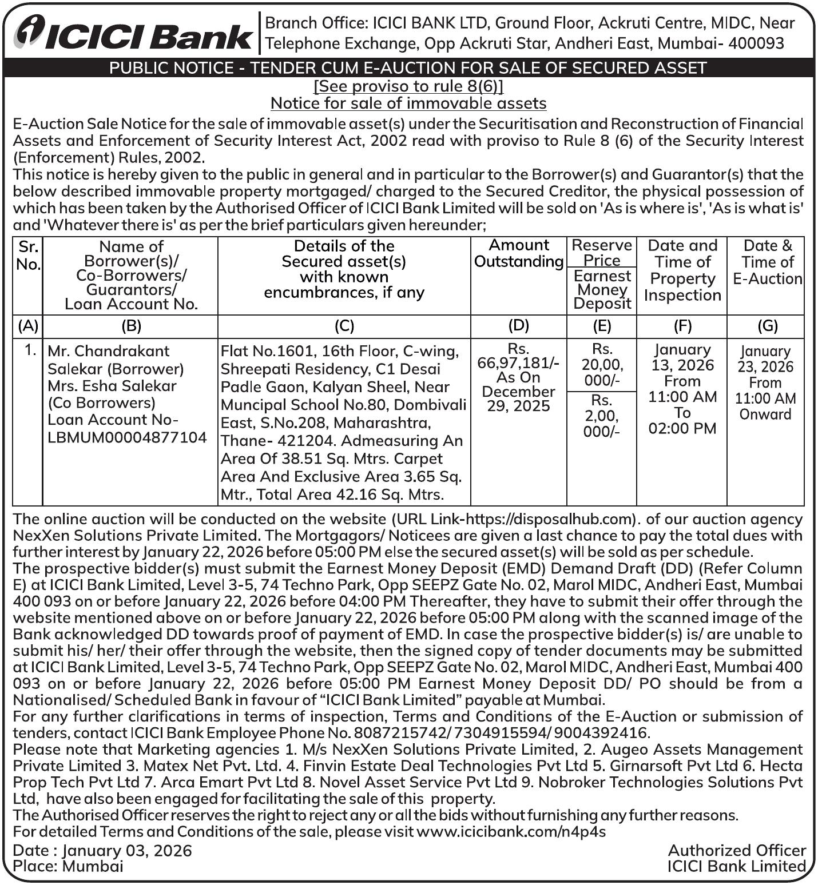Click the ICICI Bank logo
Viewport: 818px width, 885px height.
tap(133, 33)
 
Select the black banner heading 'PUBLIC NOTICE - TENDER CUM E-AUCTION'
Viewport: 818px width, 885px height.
tap(408, 68)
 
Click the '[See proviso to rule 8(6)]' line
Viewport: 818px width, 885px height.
tap(408, 86)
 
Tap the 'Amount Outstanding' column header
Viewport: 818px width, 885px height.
tap(519, 253)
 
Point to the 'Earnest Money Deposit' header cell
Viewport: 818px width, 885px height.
tap(602, 290)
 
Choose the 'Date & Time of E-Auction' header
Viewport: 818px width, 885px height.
tap(767, 262)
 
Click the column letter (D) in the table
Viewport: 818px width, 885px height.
tap(518, 325)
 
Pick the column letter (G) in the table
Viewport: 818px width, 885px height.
tap(767, 326)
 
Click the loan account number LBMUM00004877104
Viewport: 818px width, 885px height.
tap(127, 437)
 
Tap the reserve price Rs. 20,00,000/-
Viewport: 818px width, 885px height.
tap(602, 365)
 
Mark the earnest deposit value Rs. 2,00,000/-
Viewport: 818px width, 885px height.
tap(602, 416)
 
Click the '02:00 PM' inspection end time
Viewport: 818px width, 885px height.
tap(682, 429)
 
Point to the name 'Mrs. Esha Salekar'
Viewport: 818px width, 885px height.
tap(112, 386)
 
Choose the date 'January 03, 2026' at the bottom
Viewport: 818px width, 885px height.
tap(127, 851)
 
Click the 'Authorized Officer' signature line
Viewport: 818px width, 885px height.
tap(737, 851)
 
